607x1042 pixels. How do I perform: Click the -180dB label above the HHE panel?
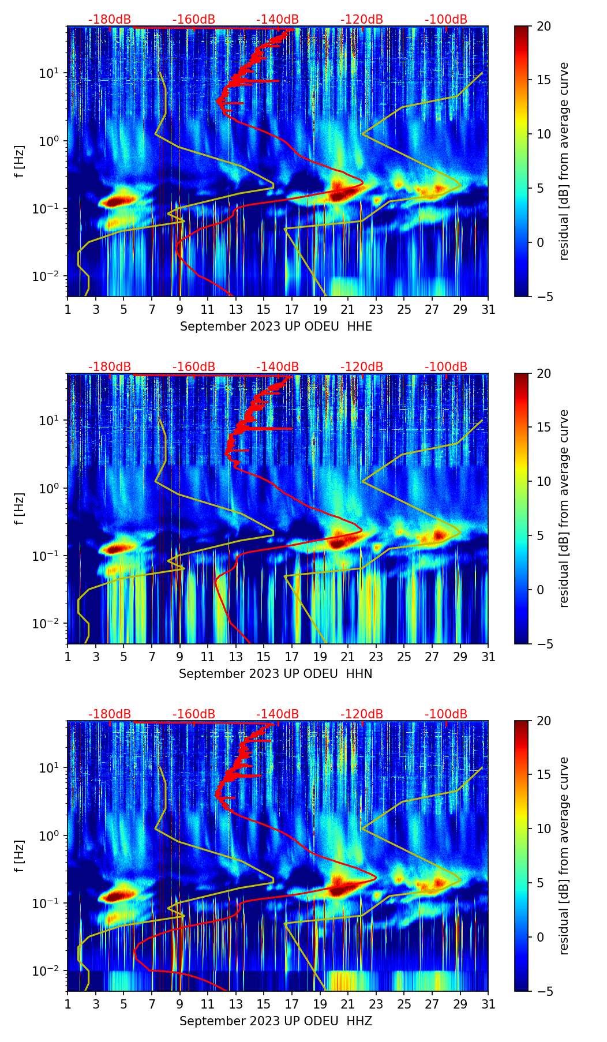coord(110,20)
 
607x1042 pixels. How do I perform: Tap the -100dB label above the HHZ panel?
coord(446,714)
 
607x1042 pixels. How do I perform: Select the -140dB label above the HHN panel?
coord(278,367)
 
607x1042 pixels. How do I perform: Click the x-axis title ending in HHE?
coord(276,327)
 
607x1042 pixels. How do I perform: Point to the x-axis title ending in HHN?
coord(275,674)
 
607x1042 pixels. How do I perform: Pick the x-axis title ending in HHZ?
coord(275,1021)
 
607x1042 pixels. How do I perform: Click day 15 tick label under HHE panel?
coord(264,309)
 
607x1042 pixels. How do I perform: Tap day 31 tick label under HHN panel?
coord(488,657)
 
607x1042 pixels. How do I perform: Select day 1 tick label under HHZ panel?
coord(68,1004)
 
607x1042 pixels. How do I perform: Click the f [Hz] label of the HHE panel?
coord(20,161)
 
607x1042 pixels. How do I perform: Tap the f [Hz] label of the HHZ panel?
coord(20,856)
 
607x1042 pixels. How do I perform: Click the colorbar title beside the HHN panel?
coord(564,508)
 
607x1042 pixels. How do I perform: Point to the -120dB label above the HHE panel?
coord(362,20)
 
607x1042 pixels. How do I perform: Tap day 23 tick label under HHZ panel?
coord(376,1004)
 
